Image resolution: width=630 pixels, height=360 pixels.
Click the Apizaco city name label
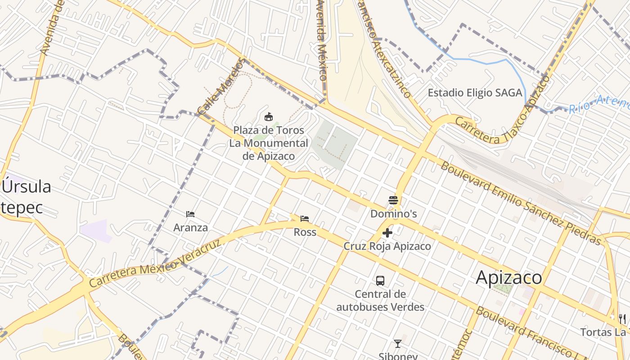(x=509, y=278)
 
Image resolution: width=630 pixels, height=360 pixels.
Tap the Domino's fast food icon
(x=393, y=200)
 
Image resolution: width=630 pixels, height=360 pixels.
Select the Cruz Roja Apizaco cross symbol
(x=387, y=233)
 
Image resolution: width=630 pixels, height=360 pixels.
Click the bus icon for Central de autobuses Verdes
(x=380, y=281)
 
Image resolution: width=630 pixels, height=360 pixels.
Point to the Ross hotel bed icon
(x=305, y=219)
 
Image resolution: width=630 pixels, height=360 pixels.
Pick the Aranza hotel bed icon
(x=190, y=214)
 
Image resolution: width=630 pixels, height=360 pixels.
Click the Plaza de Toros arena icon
(x=269, y=117)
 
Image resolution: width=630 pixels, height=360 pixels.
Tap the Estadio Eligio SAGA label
(x=475, y=93)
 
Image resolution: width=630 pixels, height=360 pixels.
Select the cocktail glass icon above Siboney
(x=397, y=344)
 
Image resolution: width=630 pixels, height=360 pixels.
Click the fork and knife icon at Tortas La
(x=622, y=319)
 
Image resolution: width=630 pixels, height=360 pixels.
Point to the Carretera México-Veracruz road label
(x=155, y=264)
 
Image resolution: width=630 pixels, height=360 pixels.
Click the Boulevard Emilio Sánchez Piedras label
(x=521, y=204)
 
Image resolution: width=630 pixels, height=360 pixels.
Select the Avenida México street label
(x=322, y=40)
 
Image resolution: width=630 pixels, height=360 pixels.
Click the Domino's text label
(x=393, y=214)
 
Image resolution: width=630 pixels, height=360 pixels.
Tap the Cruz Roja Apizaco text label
(x=387, y=246)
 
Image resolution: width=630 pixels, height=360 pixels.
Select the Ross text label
(x=305, y=233)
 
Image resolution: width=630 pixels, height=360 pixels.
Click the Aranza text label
(x=190, y=228)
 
